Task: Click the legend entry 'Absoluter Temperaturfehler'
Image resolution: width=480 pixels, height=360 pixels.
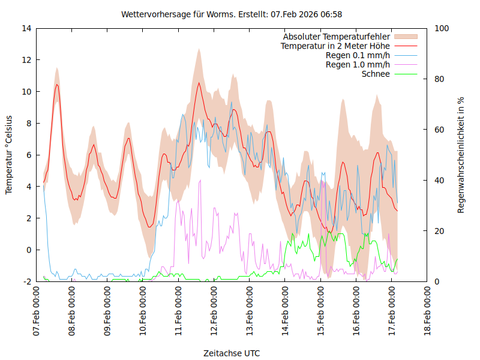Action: [337, 37]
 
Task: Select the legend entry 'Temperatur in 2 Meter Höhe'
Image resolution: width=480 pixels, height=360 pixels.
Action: [335, 46]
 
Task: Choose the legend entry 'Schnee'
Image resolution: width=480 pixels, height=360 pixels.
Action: [376, 74]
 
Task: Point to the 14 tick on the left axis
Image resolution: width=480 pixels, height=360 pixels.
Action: [26, 28]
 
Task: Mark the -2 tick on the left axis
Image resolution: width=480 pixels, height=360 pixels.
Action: [27, 281]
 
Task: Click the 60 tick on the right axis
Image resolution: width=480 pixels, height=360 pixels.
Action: [439, 130]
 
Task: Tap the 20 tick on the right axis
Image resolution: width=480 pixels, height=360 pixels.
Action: [439, 231]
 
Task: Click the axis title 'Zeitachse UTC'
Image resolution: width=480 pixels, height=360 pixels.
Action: [232, 353]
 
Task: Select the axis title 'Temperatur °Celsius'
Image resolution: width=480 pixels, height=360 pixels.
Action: [9, 154]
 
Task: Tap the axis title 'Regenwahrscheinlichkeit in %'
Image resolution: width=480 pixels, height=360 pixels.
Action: [461, 154]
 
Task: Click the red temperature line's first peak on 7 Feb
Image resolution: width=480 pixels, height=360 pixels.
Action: [57, 85]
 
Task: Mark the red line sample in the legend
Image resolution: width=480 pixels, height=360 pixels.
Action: [405, 46]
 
